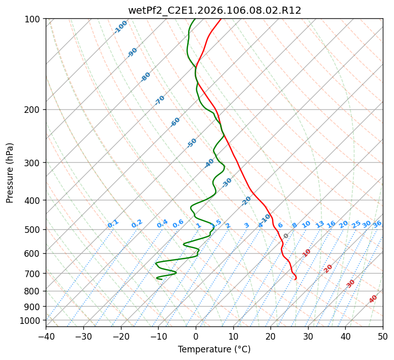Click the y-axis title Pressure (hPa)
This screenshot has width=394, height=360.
[10, 173]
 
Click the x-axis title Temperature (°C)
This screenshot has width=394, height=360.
[215, 349]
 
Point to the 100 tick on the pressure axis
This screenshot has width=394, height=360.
[34, 19]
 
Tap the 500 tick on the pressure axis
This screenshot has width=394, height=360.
[34, 229]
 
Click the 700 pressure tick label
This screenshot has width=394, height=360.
[34, 274]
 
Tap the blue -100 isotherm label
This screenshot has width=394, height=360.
[121, 27]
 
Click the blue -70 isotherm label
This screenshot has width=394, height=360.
[160, 100]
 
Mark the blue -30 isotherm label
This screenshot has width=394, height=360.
[227, 183]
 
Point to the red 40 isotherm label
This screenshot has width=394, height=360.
[373, 299]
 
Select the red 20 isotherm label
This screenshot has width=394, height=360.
[328, 268]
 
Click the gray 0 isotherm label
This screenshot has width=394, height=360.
[286, 236]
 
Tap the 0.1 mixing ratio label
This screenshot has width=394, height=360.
[113, 223]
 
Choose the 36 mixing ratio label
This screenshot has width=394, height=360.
[377, 224]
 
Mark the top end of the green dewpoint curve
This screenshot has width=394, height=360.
[195, 19]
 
